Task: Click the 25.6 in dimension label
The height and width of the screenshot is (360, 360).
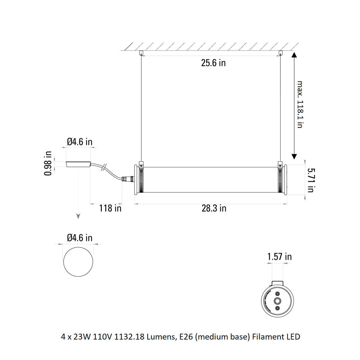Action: pos(213,63)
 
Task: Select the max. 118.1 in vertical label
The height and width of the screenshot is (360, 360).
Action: pos(300,104)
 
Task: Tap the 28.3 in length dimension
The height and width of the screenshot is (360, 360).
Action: pos(214,208)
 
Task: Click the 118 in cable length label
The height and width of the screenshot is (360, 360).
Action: pos(110,208)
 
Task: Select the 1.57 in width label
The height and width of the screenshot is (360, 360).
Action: pos(279,257)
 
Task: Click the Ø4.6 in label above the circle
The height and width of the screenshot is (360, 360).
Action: pos(79,238)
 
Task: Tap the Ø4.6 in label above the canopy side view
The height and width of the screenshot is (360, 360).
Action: pos(79,142)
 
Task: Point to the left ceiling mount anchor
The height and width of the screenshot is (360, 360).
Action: pos(141,53)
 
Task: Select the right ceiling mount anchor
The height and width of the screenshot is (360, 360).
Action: pos(280,53)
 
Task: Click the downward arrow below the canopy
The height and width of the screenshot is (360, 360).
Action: pos(78,216)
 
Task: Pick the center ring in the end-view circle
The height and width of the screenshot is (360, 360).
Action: pos(278,301)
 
